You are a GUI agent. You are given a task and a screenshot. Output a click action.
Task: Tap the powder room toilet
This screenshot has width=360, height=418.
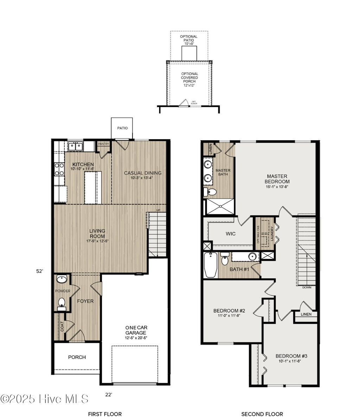(x=62, y=303)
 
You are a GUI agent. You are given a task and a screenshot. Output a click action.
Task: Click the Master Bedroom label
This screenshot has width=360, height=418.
(x=277, y=179)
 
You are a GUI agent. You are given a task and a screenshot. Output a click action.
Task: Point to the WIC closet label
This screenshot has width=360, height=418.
(x=231, y=234)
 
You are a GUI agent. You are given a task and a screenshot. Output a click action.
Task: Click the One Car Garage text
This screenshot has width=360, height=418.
(x=136, y=330)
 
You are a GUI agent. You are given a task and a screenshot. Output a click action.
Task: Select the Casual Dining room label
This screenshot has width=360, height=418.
(x=142, y=173)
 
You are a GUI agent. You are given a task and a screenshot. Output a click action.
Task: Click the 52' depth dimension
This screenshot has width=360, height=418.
(x=40, y=271)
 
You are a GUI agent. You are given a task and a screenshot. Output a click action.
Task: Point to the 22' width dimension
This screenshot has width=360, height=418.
(x=109, y=395)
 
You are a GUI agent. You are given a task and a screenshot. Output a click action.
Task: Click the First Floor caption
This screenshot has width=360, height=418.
(x=105, y=414)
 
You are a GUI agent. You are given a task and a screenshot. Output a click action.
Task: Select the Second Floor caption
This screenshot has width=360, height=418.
(x=262, y=414)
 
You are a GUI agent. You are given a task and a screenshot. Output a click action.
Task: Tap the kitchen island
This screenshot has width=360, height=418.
(x=93, y=187)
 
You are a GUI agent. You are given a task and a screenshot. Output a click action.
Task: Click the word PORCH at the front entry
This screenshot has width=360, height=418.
(x=77, y=357)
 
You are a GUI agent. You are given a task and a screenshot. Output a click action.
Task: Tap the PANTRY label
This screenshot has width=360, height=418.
(x=104, y=144)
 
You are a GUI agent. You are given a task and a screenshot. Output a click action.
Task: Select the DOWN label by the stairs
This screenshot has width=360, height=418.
(x=307, y=288)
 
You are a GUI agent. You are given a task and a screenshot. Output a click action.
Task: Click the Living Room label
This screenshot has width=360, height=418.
(x=97, y=233)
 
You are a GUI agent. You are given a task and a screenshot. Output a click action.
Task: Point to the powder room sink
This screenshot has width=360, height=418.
(x=62, y=279)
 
